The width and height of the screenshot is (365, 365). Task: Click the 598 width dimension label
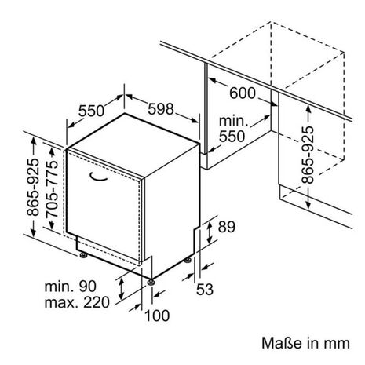click(161, 109)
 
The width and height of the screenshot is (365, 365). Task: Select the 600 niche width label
click(243, 93)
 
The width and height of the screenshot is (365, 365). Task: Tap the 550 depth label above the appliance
click(91, 111)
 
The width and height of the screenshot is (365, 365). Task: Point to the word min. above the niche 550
click(233, 121)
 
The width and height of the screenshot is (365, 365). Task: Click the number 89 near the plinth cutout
click(227, 227)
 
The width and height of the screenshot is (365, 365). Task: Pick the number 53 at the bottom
click(205, 290)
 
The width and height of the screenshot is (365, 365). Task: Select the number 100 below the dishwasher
click(157, 316)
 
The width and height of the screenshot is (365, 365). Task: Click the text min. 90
click(71, 287)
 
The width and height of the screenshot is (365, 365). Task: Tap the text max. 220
click(77, 302)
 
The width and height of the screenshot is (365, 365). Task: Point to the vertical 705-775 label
click(52, 189)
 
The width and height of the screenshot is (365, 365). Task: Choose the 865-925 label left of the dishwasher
click(33, 187)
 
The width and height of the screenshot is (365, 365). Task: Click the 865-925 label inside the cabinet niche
click(308, 155)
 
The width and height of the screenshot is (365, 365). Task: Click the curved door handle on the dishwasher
click(98, 177)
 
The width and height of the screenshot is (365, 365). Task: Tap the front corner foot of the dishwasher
click(151, 282)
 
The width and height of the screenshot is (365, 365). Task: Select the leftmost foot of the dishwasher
click(83, 254)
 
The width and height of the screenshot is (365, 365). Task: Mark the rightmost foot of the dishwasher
click(188, 261)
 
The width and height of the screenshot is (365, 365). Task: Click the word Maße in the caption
click(283, 343)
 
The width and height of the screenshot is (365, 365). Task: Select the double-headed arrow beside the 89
click(210, 232)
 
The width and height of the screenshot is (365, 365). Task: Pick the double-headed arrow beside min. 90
click(121, 289)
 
